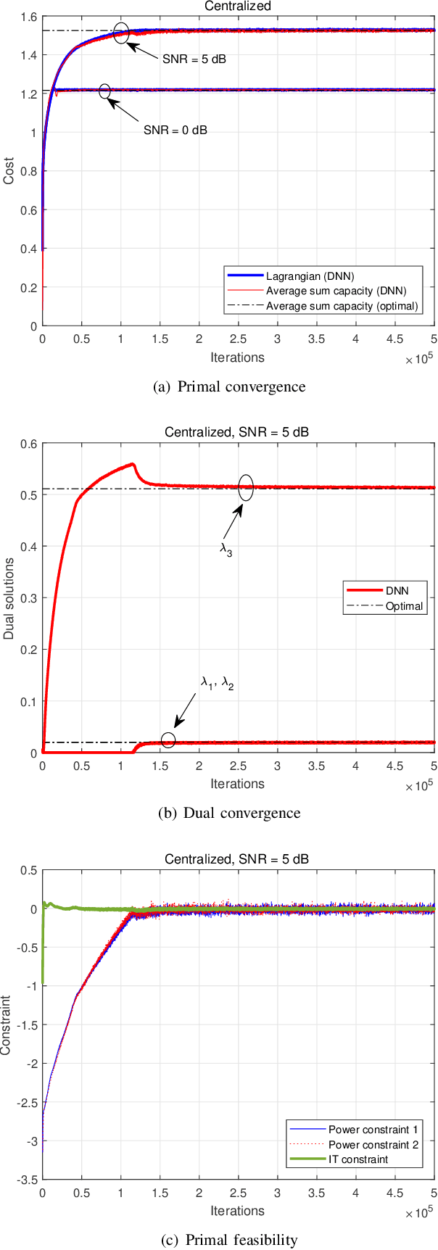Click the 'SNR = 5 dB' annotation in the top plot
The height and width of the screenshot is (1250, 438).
(x=194, y=59)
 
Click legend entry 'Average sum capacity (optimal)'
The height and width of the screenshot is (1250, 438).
(x=342, y=306)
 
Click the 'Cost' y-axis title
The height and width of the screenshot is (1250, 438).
(x=9, y=171)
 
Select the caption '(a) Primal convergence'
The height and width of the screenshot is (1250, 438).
(x=230, y=386)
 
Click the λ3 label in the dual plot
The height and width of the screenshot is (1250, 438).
(x=226, y=550)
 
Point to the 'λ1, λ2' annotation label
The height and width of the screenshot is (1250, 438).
(x=217, y=682)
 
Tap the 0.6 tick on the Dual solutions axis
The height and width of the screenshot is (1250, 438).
(x=29, y=444)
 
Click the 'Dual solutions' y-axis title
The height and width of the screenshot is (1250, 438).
(x=9, y=598)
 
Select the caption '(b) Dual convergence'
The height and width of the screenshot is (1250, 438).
(x=229, y=813)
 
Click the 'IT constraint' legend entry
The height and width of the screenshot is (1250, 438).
(x=358, y=1159)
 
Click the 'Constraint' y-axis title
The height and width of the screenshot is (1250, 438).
(x=7, y=1025)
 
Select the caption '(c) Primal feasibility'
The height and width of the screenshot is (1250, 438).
(x=229, y=1240)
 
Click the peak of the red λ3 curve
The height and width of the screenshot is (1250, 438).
(x=132, y=464)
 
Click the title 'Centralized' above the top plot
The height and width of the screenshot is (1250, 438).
(x=237, y=6)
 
